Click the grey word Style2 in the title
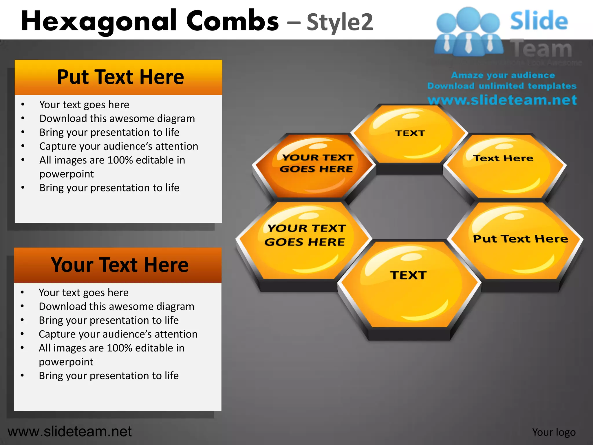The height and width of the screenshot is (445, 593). (340, 23)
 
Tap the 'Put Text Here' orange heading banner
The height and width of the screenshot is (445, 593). (118, 77)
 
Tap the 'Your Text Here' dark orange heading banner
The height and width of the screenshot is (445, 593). (118, 265)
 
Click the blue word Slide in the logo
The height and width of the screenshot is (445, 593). (539, 21)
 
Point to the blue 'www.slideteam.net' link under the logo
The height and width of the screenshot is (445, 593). (502, 100)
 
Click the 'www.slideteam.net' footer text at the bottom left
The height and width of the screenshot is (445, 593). (69, 431)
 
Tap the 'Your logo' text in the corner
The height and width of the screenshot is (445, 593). (554, 432)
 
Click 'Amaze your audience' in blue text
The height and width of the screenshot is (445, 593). (503, 75)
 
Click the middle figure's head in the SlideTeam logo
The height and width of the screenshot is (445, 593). (468, 18)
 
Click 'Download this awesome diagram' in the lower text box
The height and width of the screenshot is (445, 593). (116, 307)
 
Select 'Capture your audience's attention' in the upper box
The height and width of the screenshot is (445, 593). (119, 146)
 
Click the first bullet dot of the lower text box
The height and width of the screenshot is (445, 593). (22, 292)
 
